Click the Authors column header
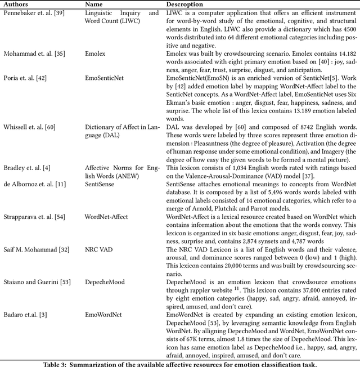coord(17,4)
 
